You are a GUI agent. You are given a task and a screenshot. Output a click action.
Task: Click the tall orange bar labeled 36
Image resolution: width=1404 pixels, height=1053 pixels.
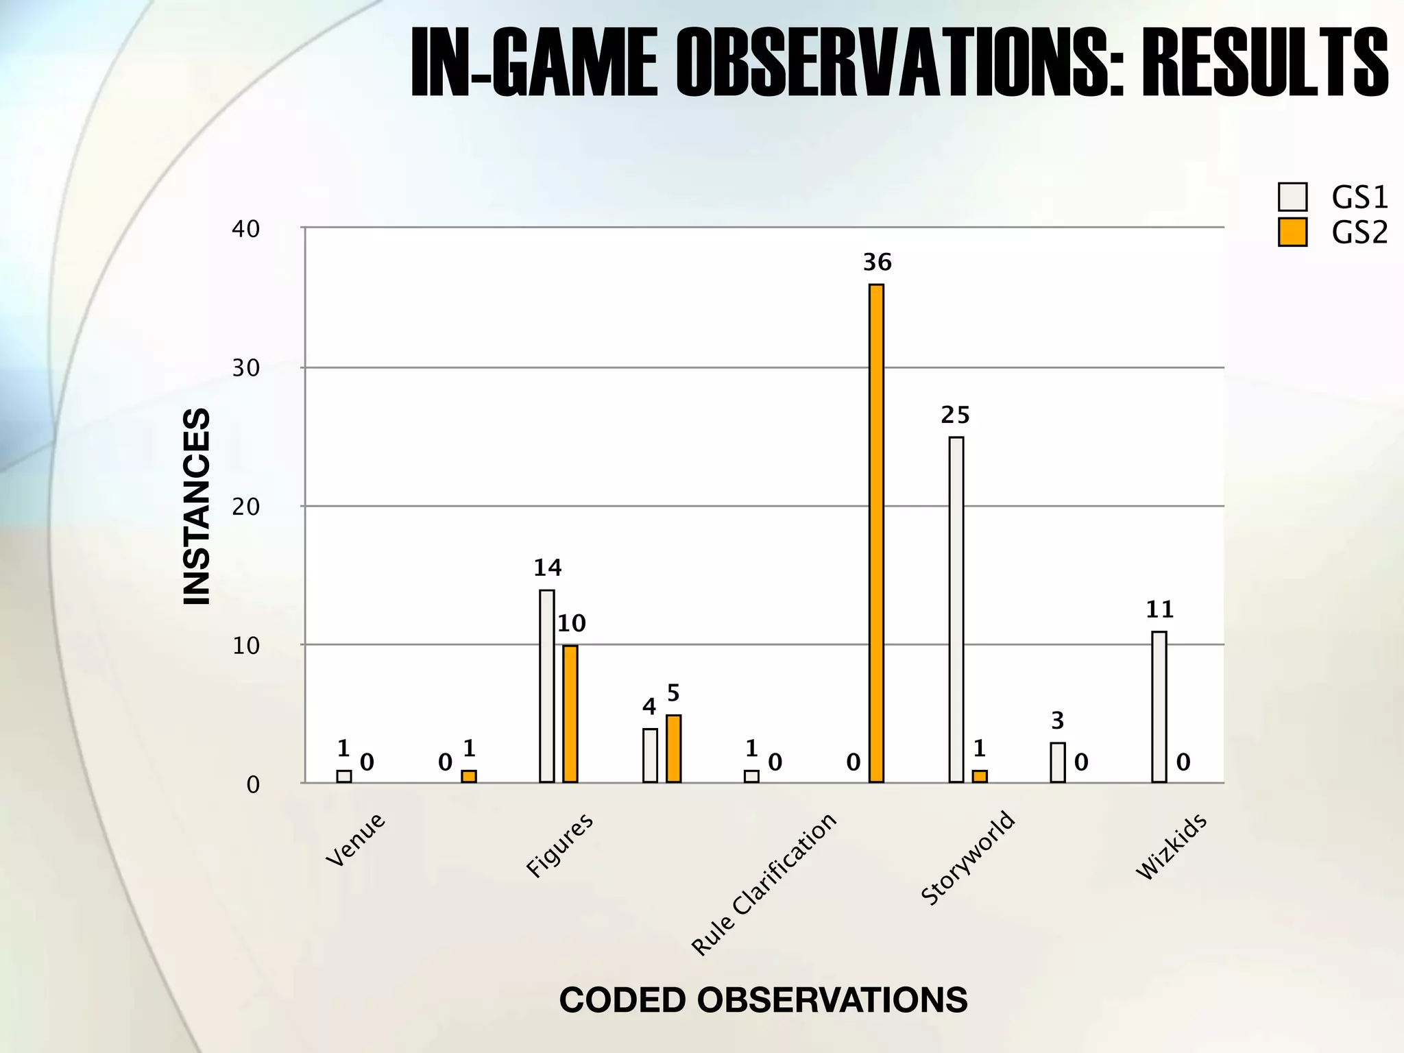[876, 533]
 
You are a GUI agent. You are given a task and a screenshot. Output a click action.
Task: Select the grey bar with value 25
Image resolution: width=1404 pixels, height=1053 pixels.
[956, 609]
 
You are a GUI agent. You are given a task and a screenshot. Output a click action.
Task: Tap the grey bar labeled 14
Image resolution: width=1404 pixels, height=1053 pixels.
[546, 686]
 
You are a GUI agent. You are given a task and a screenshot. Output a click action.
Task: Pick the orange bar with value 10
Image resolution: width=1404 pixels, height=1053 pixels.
[570, 713]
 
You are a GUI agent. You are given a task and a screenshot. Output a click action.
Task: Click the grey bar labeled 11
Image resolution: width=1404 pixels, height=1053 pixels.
[1159, 706]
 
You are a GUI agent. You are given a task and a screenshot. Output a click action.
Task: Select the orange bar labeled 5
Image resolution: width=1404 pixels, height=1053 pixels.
[673, 748]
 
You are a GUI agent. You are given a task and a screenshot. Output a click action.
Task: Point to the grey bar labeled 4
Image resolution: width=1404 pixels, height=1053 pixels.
[650, 755]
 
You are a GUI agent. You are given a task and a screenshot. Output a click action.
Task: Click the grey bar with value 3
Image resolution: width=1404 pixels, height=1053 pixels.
[1058, 762]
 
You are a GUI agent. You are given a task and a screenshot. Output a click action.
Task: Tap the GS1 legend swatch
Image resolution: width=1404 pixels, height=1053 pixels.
[1292, 197]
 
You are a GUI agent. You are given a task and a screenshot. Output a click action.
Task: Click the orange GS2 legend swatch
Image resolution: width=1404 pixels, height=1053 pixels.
[1292, 232]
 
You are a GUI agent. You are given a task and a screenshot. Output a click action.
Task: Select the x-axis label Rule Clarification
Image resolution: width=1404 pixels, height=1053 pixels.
[764, 884]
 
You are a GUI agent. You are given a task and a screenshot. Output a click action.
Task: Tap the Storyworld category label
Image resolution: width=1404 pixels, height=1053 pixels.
[967, 858]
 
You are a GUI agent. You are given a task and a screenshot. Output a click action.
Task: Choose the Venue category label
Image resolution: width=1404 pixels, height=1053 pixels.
[355, 840]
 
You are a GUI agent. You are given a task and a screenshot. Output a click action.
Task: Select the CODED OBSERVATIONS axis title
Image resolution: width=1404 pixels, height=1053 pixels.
[763, 1000]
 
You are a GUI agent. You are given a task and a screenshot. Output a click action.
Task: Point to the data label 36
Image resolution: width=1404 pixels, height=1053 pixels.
[877, 262]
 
